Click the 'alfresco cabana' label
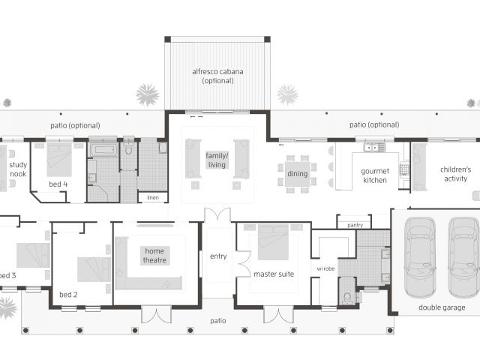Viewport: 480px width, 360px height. point(217,72)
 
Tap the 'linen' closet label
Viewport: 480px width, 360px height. point(153,197)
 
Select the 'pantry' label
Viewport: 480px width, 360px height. point(355,225)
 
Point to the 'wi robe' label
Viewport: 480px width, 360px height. point(325,268)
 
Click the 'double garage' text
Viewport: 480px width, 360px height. point(442,307)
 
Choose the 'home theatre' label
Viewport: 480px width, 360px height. point(154,256)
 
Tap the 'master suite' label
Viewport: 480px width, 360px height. point(274,274)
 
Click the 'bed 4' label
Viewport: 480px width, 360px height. point(58,184)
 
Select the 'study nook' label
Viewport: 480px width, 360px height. point(18,169)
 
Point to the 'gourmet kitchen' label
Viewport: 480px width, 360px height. point(375,175)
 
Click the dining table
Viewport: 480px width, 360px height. point(297,174)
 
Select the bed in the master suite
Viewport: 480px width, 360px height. point(273,241)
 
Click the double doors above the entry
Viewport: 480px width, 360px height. point(217,214)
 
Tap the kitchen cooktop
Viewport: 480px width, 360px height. point(404,169)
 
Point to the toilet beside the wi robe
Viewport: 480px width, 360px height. point(347,298)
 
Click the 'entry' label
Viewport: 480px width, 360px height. point(218,256)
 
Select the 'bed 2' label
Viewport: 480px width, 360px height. point(68,295)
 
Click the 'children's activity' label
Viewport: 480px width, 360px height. point(455,174)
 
